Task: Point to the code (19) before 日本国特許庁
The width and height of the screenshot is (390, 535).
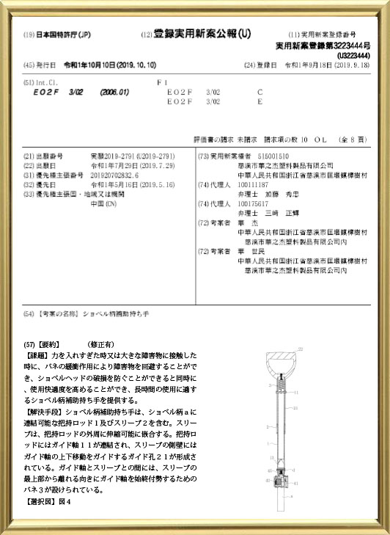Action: tap(29, 35)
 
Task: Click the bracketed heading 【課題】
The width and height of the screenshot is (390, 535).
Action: tap(37, 354)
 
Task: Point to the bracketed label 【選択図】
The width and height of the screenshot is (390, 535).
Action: tap(40, 501)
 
